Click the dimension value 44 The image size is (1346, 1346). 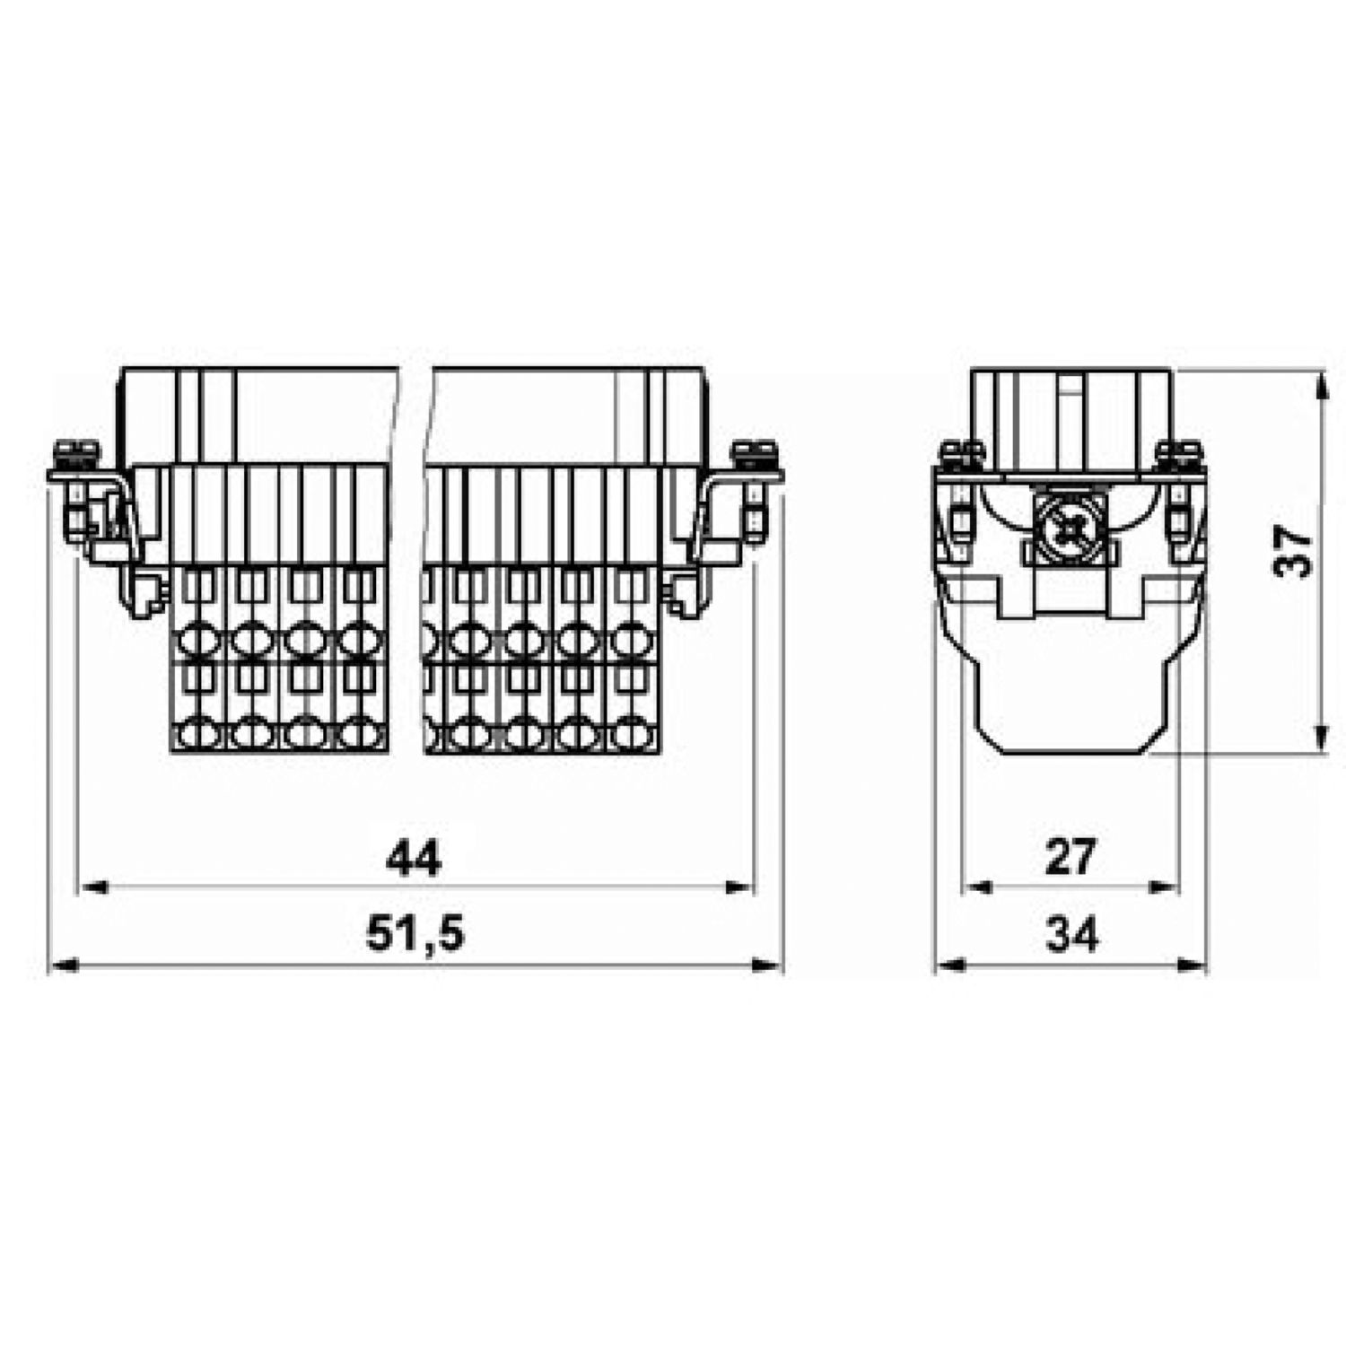[414, 859]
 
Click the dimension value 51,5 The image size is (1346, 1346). [415, 934]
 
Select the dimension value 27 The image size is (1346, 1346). [1070, 857]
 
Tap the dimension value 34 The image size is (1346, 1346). [1071, 935]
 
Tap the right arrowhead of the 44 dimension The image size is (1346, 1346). [739, 887]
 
